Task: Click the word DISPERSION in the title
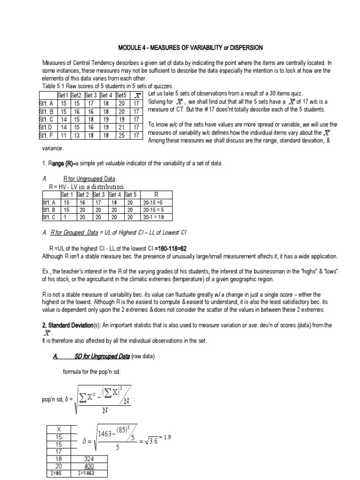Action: click(244, 48)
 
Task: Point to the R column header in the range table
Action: click(156, 195)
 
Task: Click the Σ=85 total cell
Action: click(59, 473)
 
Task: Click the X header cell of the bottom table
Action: click(59, 429)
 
